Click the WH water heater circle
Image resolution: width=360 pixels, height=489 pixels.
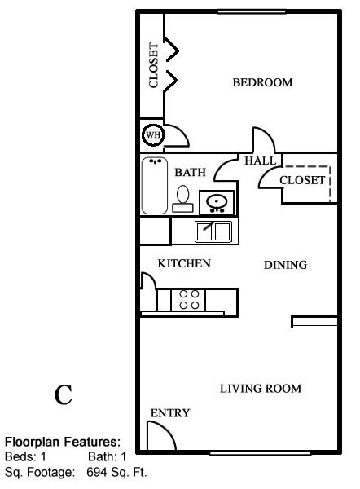point(153,135)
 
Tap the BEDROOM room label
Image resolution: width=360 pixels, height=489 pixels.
point(262,82)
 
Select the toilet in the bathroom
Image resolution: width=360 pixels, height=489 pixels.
point(182,200)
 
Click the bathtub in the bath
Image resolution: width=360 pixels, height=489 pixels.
point(155,186)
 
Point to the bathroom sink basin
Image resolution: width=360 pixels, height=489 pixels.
point(217,202)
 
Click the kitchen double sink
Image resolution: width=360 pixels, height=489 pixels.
point(213,231)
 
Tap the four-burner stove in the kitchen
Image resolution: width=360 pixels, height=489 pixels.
point(189,300)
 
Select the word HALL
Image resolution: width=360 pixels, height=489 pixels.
point(261,161)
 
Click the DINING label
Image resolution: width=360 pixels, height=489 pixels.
point(285,265)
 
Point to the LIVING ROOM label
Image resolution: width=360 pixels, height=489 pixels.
point(261,389)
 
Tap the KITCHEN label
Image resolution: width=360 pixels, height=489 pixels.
point(184,263)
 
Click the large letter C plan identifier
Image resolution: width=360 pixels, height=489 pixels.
point(64,394)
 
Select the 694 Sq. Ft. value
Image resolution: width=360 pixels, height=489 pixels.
point(116,473)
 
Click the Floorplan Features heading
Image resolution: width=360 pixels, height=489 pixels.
point(63,442)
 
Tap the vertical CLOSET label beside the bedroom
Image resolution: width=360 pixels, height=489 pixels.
point(153,65)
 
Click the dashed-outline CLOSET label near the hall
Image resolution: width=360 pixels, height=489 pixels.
point(302,180)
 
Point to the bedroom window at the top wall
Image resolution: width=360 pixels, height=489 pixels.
point(251,12)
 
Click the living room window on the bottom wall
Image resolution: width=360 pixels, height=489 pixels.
point(261,453)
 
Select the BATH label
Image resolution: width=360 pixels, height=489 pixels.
point(190,173)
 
